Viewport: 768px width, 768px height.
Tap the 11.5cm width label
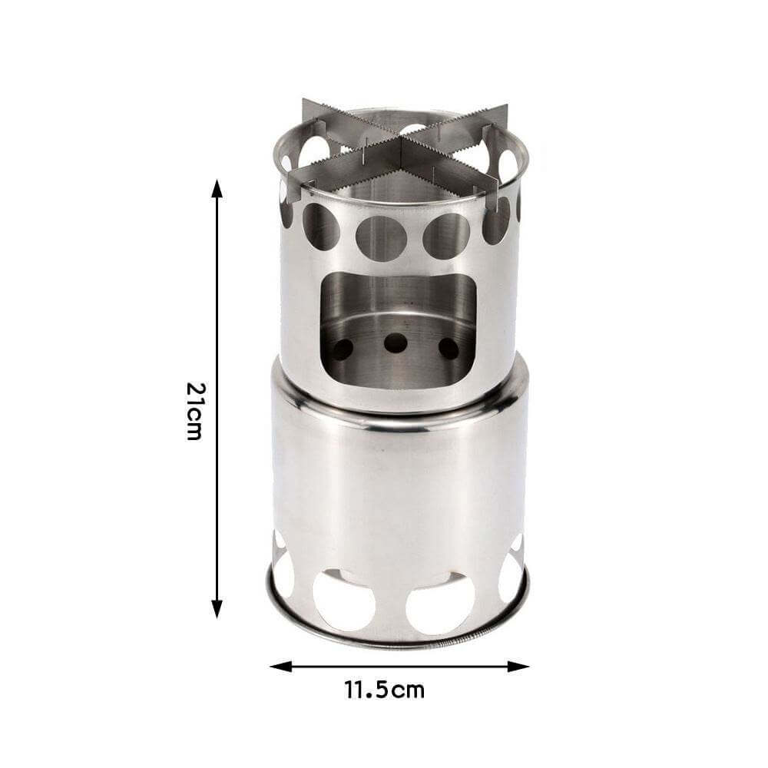384,689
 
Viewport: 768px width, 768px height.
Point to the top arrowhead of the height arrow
217,188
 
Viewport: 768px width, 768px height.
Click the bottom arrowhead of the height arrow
217,611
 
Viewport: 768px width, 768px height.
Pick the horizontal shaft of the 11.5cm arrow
399,666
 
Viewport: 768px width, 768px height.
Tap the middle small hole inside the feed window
396,343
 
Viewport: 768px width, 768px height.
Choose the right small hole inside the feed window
449,348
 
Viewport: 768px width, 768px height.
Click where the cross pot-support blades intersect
400,146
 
